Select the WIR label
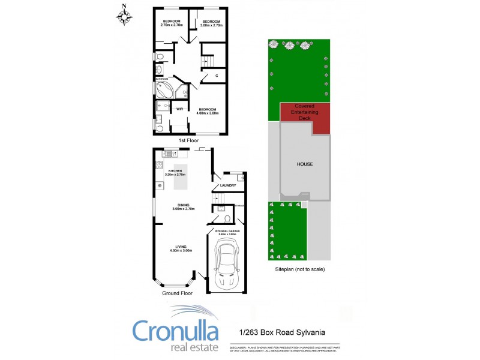coord(179,109)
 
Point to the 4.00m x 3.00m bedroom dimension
coord(208,113)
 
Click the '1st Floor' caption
coord(188,140)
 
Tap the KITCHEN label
coord(175,171)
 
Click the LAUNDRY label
coord(228,185)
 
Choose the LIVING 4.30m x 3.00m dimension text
coord(181,250)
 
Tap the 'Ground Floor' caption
coord(178,294)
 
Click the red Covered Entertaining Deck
coord(305,118)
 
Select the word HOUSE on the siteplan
coord(305,164)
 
